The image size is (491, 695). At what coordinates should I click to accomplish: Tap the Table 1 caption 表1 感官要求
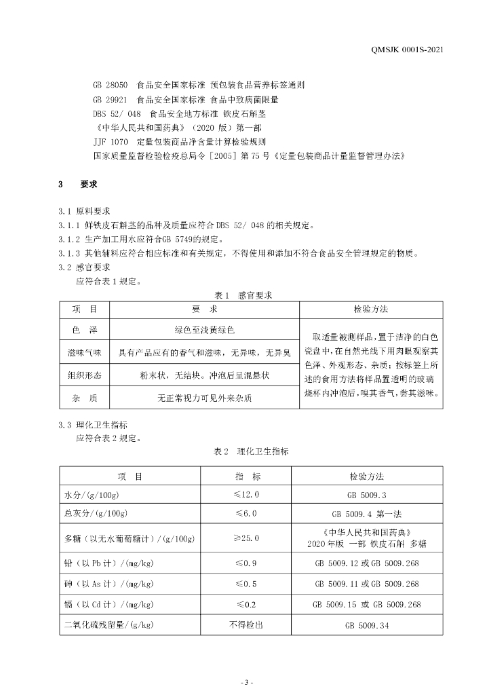click(243, 295)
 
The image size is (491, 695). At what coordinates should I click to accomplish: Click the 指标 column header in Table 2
click(248, 476)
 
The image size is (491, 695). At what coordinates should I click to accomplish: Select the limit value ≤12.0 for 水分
click(248, 495)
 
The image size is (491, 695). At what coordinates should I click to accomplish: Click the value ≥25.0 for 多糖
click(248, 538)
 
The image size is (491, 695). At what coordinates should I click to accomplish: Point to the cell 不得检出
click(248, 625)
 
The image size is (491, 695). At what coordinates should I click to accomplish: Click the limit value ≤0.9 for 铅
click(248, 563)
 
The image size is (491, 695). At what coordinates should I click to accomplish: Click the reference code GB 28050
click(110, 86)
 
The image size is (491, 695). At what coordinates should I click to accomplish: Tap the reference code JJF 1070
click(110, 143)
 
